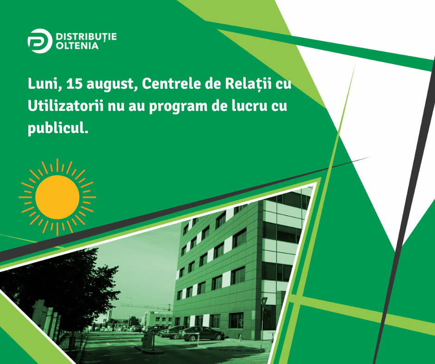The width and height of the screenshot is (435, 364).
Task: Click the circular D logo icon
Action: coord(40,41)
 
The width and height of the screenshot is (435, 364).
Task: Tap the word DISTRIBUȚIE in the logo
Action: coord(86,37)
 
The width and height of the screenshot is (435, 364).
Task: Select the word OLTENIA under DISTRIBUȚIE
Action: coord(77,46)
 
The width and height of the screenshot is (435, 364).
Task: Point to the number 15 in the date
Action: coord(75,84)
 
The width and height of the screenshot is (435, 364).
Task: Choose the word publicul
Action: coord(58,129)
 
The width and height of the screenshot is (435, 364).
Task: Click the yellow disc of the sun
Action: coord(57,197)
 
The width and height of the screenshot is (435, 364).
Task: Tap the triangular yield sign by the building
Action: coord(264,301)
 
